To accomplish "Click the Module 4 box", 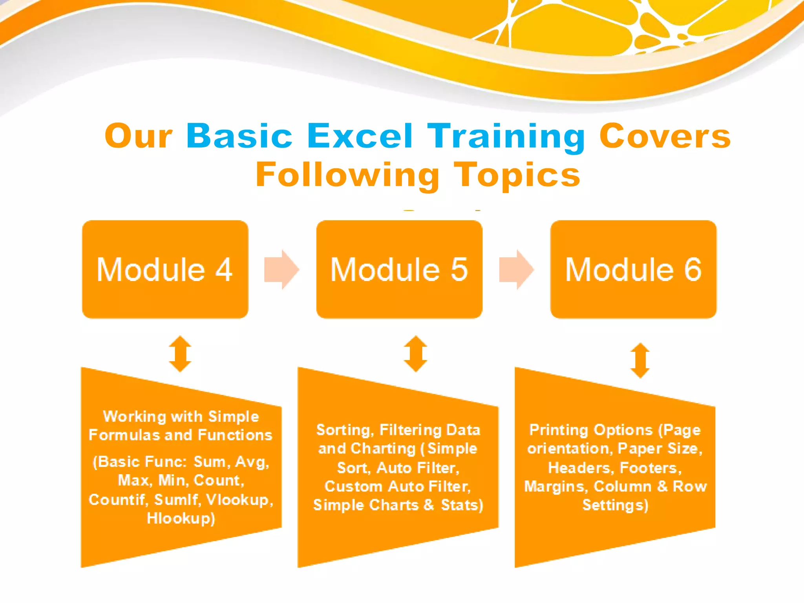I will click(165, 269).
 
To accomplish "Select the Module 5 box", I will click(399, 269).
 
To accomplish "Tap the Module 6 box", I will click(633, 269).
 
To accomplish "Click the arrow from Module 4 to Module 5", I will click(281, 269).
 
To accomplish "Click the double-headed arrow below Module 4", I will click(180, 354).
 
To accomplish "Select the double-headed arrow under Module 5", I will click(415, 354).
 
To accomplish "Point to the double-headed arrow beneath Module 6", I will click(640, 360).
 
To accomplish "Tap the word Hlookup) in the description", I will click(181, 519).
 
